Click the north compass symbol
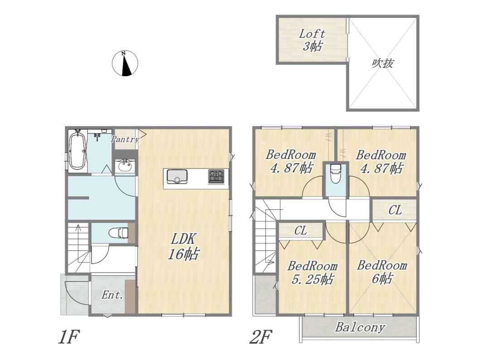tap(125, 63)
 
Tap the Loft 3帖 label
tap(312, 40)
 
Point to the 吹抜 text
tap(383, 63)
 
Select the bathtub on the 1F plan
tap(77, 150)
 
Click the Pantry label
tap(125, 139)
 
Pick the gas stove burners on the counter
tap(216, 177)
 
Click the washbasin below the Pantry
tap(124, 166)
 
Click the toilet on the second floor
tap(336, 174)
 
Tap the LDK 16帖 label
tap(183, 247)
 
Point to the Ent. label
tap(112, 295)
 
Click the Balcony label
tap(360, 327)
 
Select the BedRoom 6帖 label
tap(382, 272)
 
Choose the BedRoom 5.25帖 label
tap(312, 273)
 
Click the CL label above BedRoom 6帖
tap(395, 210)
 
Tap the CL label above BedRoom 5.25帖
tap(300, 230)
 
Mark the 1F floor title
tap(69, 337)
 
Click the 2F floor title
tap(261, 337)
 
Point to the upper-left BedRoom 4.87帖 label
tap(291, 161)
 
